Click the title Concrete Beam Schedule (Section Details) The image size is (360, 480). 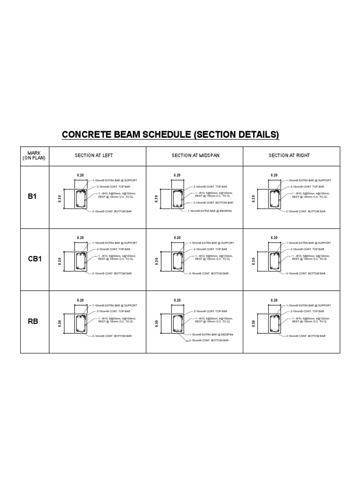(x=170, y=135)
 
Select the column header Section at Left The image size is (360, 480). (x=94, y=156)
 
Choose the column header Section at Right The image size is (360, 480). (x=289, y=156)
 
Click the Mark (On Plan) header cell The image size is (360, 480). (x=34, y=156)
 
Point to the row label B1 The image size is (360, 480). (x=32, y=197)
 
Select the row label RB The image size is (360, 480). (x=32, y=322)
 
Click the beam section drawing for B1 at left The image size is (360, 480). (x=81, y=199)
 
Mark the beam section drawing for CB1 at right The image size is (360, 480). (x=274, y=262)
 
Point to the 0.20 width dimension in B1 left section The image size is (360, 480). (x=80, y=175)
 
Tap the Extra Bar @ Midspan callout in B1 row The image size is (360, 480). (x=210, y=211)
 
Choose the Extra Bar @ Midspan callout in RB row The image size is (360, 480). (x=211, y=335)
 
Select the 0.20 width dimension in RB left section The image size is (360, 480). (x=80, y=300)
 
